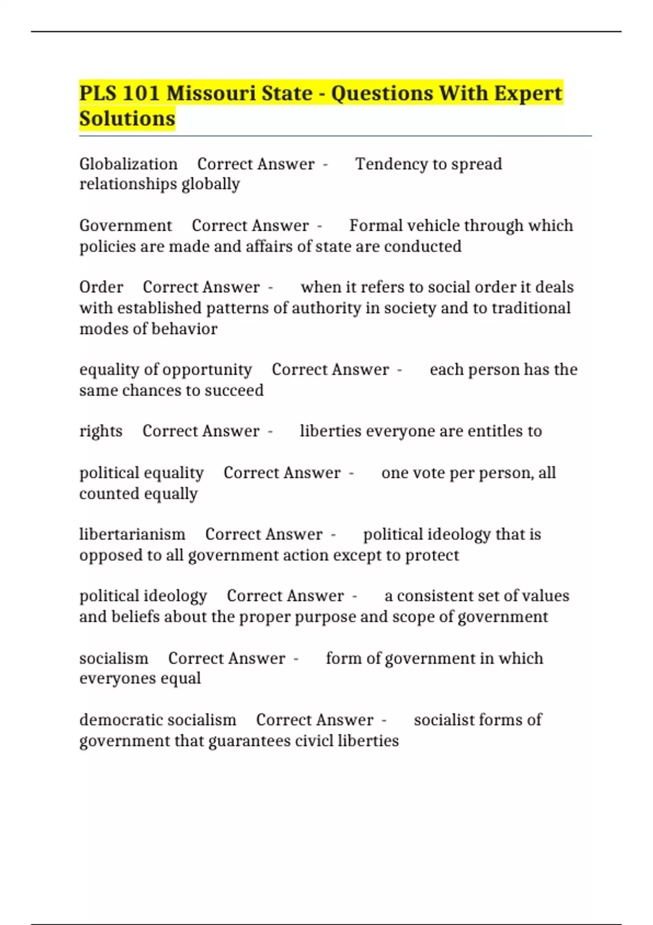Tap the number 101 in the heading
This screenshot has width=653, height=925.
click(x=141, y=94)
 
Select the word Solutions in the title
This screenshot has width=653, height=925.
click(x=127, y=119)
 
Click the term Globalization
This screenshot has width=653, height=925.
click(x=128, y=164)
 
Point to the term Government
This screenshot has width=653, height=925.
click(x=126, y=225)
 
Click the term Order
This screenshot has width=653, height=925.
click(x=101, y=287)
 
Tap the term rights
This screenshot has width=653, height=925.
click(x=101, y=431)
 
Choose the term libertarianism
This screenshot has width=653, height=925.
click(x=132, y=534)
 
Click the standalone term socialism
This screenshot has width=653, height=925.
click(x=114, y=658)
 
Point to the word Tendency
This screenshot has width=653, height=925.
click(x=390, y=164)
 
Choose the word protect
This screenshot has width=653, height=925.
click(x=432, y=556)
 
